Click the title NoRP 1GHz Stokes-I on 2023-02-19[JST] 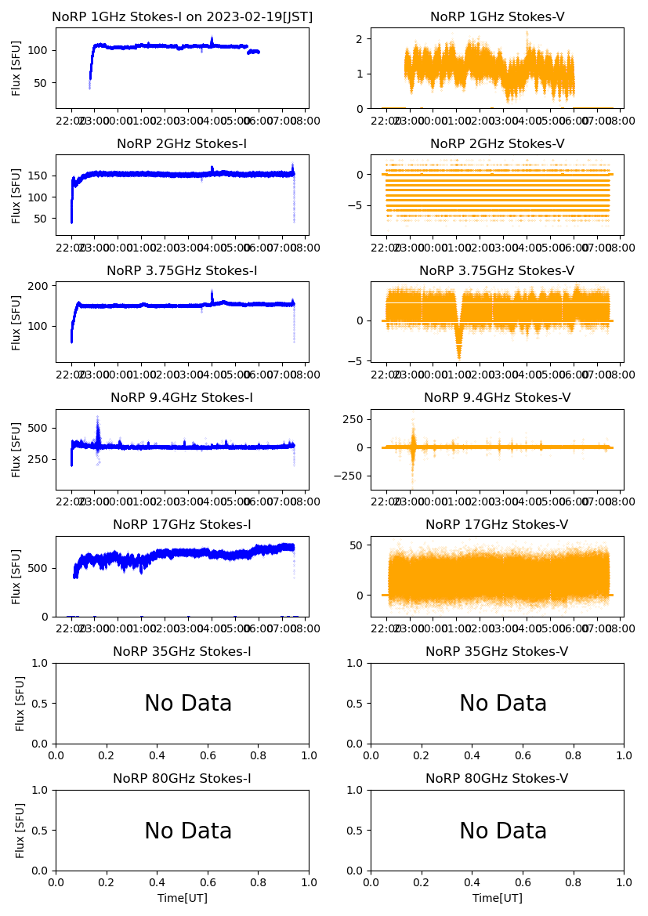tap(182, 16)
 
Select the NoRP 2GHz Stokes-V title tap(497, 143)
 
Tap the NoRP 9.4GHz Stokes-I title tap(182, 397)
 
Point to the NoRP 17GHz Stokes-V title tap(497, 524)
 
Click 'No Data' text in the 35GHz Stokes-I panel tap(188, 704)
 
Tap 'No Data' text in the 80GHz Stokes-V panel tap(503, 831)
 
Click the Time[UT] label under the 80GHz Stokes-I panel tap(182, 898)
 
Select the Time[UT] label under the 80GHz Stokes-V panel tap(497, 898)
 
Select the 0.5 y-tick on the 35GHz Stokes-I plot tap(40, 704)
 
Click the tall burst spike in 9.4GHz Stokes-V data tap(412, 431)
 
